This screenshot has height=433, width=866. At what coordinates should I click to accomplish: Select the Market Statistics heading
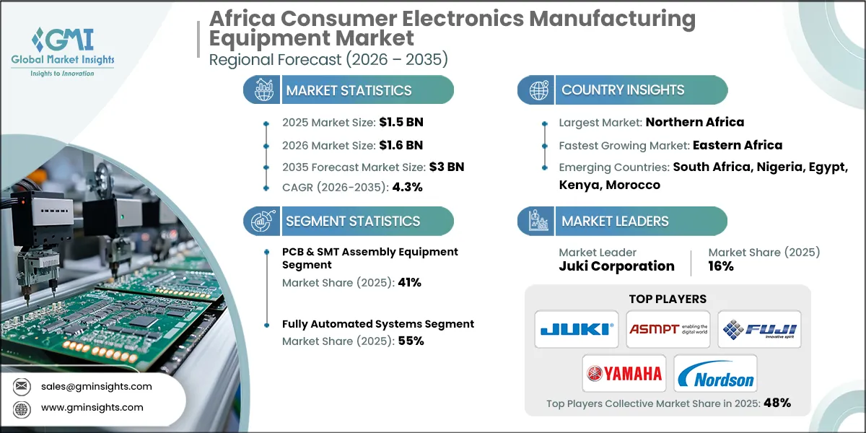(349, 90)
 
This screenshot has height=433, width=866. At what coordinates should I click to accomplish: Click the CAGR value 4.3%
(406, 188)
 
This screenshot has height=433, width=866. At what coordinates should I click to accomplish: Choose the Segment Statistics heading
(353, 222)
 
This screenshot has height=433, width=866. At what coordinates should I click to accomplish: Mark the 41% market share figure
(408, 283)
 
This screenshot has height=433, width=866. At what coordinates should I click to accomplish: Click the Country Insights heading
(623, 90)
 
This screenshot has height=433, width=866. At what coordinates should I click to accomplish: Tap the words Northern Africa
(694, 122)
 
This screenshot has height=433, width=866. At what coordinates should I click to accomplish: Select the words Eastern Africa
(737, 145)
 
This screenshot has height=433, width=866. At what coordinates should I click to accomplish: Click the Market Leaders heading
(615, 222)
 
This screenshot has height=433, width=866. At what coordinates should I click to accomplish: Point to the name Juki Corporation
(616, 266)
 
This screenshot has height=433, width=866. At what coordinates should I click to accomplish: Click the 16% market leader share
(721, 266)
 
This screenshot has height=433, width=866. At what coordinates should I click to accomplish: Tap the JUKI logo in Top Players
(577, 330)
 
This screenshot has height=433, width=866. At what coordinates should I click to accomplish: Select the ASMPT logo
(668, 330)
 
